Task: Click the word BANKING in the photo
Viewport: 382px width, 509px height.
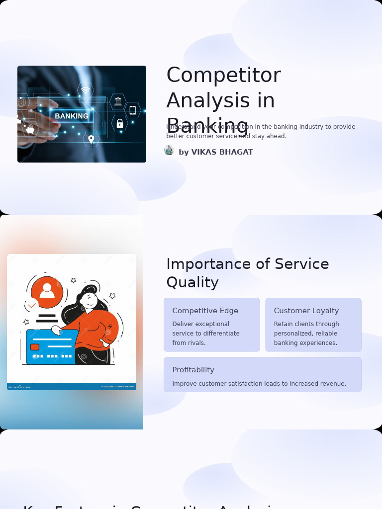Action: coord(72,116)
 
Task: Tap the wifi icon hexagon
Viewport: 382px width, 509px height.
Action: coord(86,90)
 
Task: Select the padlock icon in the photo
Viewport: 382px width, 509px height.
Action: coord(119,123)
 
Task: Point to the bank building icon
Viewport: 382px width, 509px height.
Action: coord(118,101)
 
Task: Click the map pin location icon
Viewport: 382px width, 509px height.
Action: coord(91,139)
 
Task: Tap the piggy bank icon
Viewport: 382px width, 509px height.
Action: coord(30,130)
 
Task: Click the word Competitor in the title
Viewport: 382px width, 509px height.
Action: coord(223,76)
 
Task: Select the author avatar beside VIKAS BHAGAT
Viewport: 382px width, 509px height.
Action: coord(169,151)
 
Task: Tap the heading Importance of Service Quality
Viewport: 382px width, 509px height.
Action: coord(247,273)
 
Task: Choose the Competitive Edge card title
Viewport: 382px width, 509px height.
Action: coord(205,311)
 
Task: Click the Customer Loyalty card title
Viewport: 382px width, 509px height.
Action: coord(306,311)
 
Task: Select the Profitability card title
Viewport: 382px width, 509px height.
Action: coord(193,370)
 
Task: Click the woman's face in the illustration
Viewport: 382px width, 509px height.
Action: coord(90,299)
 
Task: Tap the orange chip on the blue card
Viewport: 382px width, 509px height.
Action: coord(35,347)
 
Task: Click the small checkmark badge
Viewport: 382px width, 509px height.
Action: coord(32,305)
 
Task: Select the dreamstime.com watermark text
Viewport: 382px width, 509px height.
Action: coord(19,387)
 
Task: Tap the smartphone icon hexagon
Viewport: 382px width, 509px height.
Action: coord(132,110)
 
